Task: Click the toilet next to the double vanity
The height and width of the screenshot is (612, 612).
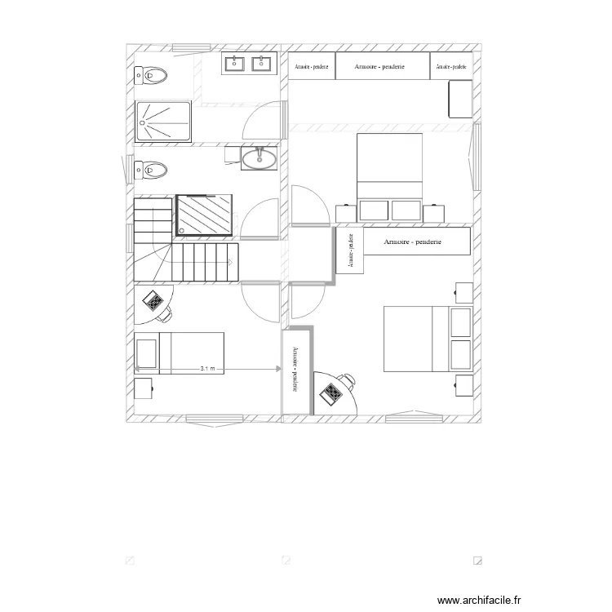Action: pyautogui.click(x=152, y=76)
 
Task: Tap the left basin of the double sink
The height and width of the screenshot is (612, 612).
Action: pyautogui.click(x=236, y=64)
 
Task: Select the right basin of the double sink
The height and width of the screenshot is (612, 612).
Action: pyautogui.click(x=262, y=64)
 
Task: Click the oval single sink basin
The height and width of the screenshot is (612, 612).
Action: pyautogui.click(x=259, y=157)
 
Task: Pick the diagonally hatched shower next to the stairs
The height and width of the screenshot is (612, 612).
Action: pyautogui.click(x=204, y=215)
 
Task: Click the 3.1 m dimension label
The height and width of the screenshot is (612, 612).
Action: pyautogui.click(x=208, y=369)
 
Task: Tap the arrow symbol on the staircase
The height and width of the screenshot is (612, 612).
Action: pyautogui.click(x=233, y=262)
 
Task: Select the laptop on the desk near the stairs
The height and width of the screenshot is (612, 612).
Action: pyautogui.click(x=153, y=302)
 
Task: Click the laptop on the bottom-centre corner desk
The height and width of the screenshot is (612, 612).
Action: pyautogui.click(x=334, y=393)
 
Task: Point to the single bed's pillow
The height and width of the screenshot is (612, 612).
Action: pyautogui.click(x=146, y=353)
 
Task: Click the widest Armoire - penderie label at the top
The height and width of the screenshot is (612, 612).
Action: pyautogui.click(x=380, y=66)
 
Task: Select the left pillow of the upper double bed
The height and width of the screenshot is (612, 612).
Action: pyautogui.click(x=374, y=210)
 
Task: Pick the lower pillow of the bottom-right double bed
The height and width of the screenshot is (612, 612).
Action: pyautogui.click(x=461, y=353)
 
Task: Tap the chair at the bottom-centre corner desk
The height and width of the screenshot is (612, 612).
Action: pyautogui.click(x=349, y=379)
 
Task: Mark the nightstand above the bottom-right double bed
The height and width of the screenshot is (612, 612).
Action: pyautogui.click(x=463, y=291)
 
